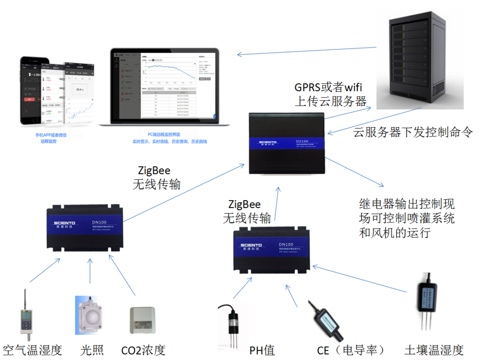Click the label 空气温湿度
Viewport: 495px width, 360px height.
tap(32, 351)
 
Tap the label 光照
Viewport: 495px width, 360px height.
tap(92, 351)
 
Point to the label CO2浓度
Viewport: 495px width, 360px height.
tap(143, 351)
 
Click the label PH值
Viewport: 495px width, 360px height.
tap(262, 351)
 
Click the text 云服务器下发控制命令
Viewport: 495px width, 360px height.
tap(413, 132)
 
